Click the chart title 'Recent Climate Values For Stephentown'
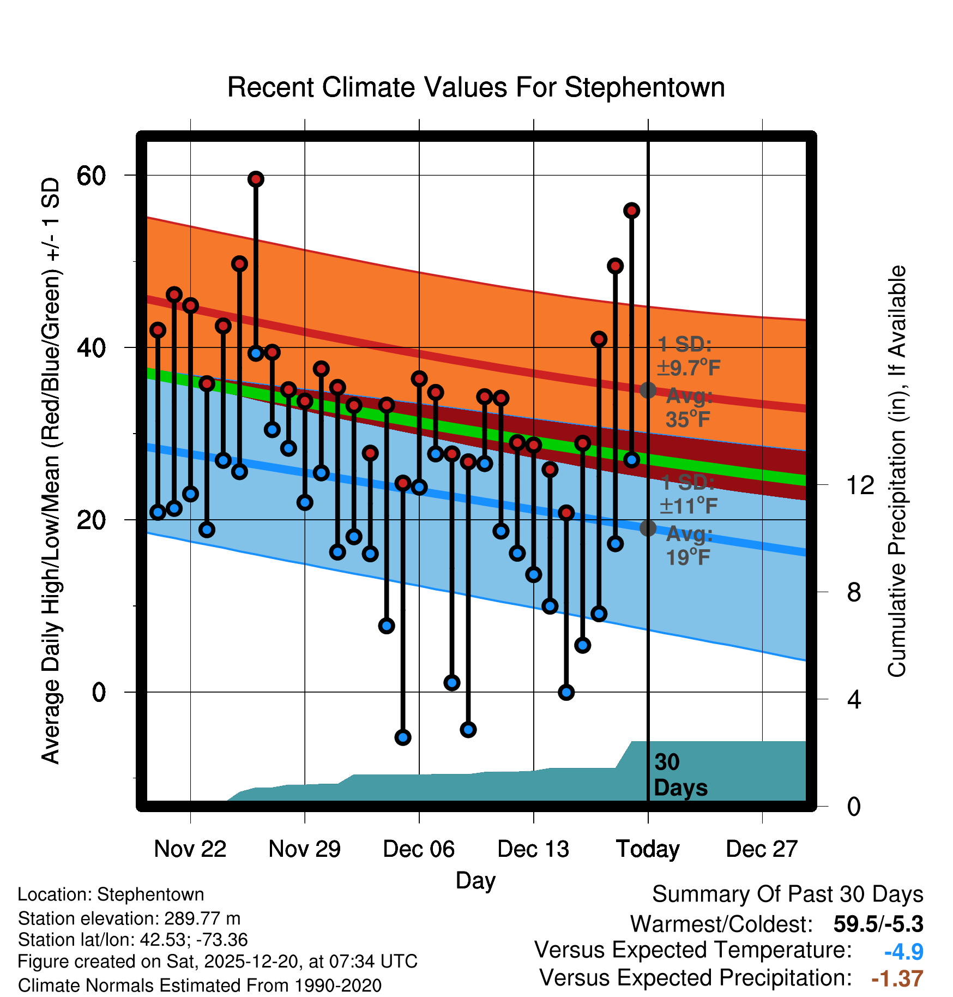(476, 87)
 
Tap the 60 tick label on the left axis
(91, 176)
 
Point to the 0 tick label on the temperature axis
(99, 693)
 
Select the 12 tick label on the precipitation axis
(860, 485)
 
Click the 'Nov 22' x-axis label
(190, 849)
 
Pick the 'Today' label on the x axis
(648, 849)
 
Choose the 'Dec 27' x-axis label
(762, 849)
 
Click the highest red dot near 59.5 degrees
(256, 179)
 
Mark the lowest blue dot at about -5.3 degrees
(403, 737)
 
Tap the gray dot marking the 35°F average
(648, 391)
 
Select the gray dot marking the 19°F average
(648, 528)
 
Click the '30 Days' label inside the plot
(680, 775)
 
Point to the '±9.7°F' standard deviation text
(689, 368)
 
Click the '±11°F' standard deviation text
(689, 506)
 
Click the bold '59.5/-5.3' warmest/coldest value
(878, 924)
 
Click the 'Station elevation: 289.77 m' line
(129, 918)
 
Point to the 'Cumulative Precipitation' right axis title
(896, 471)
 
